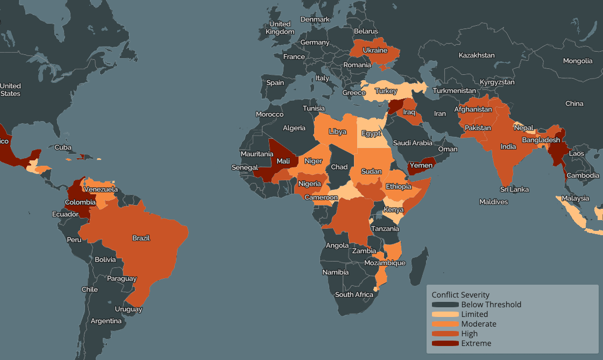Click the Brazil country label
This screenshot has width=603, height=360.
click(141, 238)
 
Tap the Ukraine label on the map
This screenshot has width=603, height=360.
click(375, 51)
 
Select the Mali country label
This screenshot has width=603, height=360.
click(283, 161)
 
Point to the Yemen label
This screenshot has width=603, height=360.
click(421, 165)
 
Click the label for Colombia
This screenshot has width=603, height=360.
click(80, 202)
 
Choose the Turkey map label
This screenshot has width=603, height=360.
click(386, 91)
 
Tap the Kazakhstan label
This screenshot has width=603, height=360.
click(477, 55)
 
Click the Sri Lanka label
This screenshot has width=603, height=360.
click(514, 189)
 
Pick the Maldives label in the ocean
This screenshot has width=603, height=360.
click(493, 202)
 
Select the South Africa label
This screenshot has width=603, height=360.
click(354, 294)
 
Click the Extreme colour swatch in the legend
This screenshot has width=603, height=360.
click(445, 343)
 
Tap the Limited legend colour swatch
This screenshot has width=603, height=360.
click(445, 314)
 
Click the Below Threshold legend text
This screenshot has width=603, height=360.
click(491, 305)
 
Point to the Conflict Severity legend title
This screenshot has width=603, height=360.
click(460, 295)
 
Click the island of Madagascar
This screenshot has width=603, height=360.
click(418, 266)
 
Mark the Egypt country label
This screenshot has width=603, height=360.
click(371, 133)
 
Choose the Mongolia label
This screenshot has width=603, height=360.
click(578, 61)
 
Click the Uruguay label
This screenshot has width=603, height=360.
click(129, 309)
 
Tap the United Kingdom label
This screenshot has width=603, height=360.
click(280, 27)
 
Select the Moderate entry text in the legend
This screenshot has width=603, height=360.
click(479, 324)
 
